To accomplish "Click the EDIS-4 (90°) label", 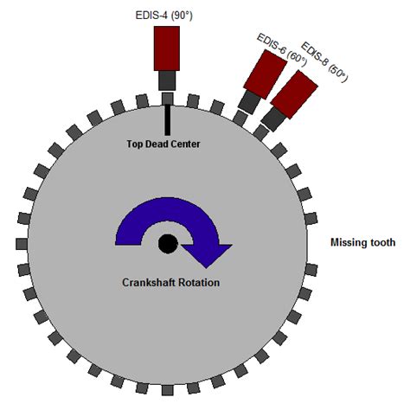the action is pyautogui.click(x=163, y=16).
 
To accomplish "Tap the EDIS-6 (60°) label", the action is pyautogui.click(x=281, y=50).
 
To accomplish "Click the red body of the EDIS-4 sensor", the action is pyautogui.click(x=167, y=48).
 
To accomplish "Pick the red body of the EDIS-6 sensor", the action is pyautogui.click(x=266, y=74).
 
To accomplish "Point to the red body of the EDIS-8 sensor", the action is pyautogui.click(x=294, y=95).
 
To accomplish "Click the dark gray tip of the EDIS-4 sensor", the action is pyautogui.click(x=167, y=80).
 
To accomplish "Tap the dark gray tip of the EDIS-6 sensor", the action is pyautogui.click(x=250, y=102).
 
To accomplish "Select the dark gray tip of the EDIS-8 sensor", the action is pyautogui.click(x=273, y=119).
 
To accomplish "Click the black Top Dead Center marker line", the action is pyautogui.click(x=167, y=120).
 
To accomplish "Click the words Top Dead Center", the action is pyautogui.click(x=163, y=144).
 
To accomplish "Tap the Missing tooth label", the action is pyautogui.click(x=362, y=242).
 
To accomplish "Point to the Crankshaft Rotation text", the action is pyautogui.click(x=170, y=282).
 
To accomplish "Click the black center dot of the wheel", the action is pyautogui.click(x=168, y=244).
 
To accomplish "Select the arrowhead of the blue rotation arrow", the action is pyautogui.click(x=207, y=255).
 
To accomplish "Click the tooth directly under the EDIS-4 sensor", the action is pyautogui.click(x=167, y=99).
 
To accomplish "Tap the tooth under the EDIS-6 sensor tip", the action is pyautogui.click(x=240, y=118).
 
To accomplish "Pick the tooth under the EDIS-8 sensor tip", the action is pyautogui.click(x=261, y=132).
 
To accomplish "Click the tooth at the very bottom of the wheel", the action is pyautogui.click(x=167, y=390).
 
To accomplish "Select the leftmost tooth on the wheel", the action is pyautogui.click(x=22, y=244).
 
